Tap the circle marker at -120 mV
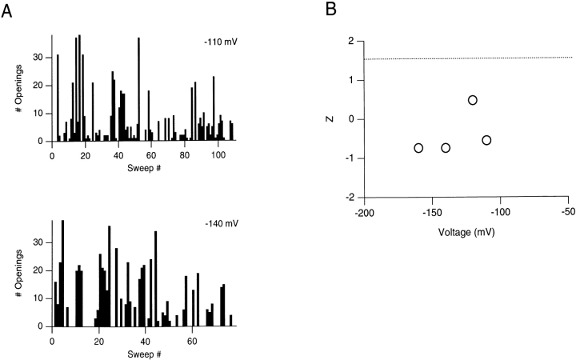(473, 100)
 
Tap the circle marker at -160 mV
(418, 148)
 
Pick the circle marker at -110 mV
(486, 140)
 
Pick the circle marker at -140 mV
(446, 148)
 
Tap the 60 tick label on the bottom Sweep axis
(192, 341)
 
